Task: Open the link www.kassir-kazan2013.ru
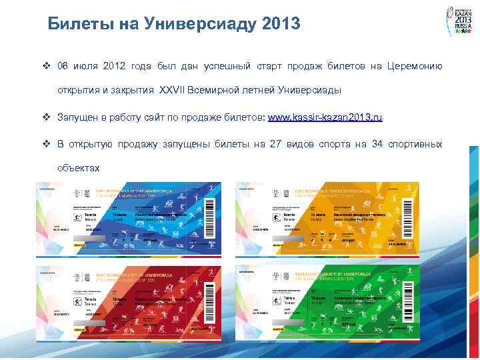click(x=325, y=117)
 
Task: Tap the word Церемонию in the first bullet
click(x=414, y=66)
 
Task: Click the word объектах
click(x=79, y=168)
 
